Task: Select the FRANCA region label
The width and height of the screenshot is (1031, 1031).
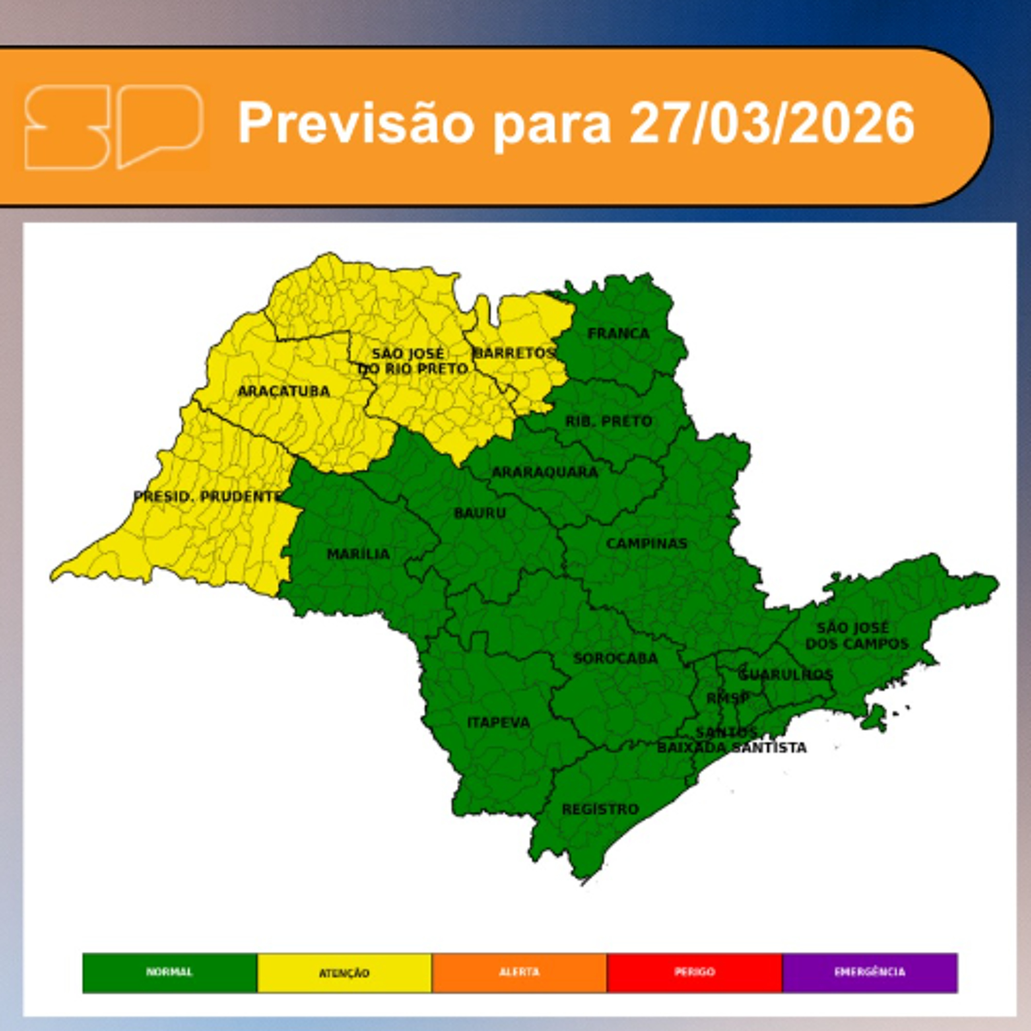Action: point(619,334)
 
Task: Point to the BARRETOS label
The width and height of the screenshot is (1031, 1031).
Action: point(514,353)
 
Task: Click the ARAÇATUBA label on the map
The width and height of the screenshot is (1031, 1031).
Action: point(284,392)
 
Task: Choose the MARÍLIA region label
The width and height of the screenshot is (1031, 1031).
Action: point(358,554)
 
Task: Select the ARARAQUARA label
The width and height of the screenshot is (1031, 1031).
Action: point(544,472)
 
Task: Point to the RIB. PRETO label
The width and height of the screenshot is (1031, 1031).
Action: point(609,422)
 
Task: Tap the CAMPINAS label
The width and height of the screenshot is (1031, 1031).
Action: point(646,544)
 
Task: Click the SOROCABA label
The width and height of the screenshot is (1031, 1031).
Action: point(615,658)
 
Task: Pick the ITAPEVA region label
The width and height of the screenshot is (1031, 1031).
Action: point(498,722)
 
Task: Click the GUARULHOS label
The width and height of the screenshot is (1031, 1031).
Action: point(786,675)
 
